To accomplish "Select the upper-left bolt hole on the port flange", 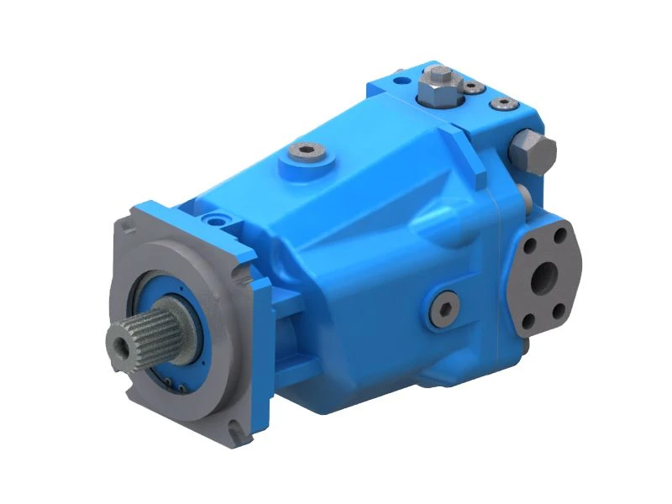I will (529, 245).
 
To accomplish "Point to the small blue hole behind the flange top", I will (222, 220).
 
